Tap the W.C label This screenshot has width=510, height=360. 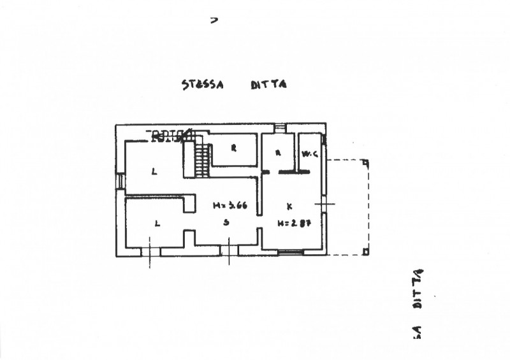(310, 153)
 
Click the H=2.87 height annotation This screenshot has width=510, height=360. (291, 223)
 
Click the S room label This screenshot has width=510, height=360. (226, 222)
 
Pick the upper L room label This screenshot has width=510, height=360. (154, 171)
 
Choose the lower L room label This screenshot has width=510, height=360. (157, 222)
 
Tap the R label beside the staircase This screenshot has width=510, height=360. (233, 148)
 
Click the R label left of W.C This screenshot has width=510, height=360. (278, 153)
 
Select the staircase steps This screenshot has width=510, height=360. (201, 162)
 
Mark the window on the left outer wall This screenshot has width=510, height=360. (120, 182)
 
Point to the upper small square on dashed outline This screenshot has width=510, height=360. (365, 162)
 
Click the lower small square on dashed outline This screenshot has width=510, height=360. (365, 252)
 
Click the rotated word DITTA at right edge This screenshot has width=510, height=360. (418, 287)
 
